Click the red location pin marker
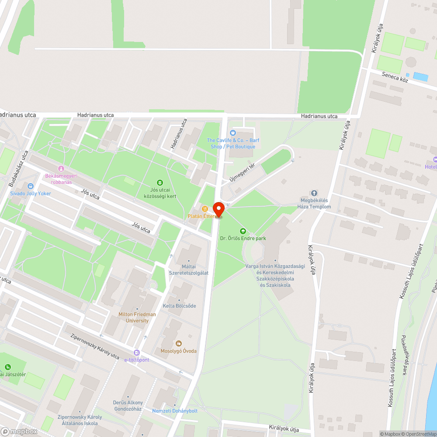pyautogui.click(x=218, y=208)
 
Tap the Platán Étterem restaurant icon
pyautogui.click(x=204, y=208)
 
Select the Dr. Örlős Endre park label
pyautogui.click(x=243, y=238)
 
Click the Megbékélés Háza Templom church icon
pyautogui.click(x=314, y=193)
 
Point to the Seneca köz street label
pyautogui.click(x=395, y=77)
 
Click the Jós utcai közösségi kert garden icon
pyautogui.click(x=160, y=182)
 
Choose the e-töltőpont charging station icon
pyautogui.click(x=137, y=352)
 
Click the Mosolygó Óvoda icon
pyautogui.click(x=178, y=343)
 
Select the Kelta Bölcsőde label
pyautogui.click(x=179, y=306)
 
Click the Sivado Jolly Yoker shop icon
pyautogui.click(x=30, y=186)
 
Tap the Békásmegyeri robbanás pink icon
pyautogui.click(x=61, y=169)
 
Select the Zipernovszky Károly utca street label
pyautogui.click(x=95, y=347)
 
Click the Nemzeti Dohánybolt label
pyautogui.click(x=175, y=411)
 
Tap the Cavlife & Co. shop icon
pyautogui.click(x=232, y=133)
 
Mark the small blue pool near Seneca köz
pyautogui.click(x=420, y=76)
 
